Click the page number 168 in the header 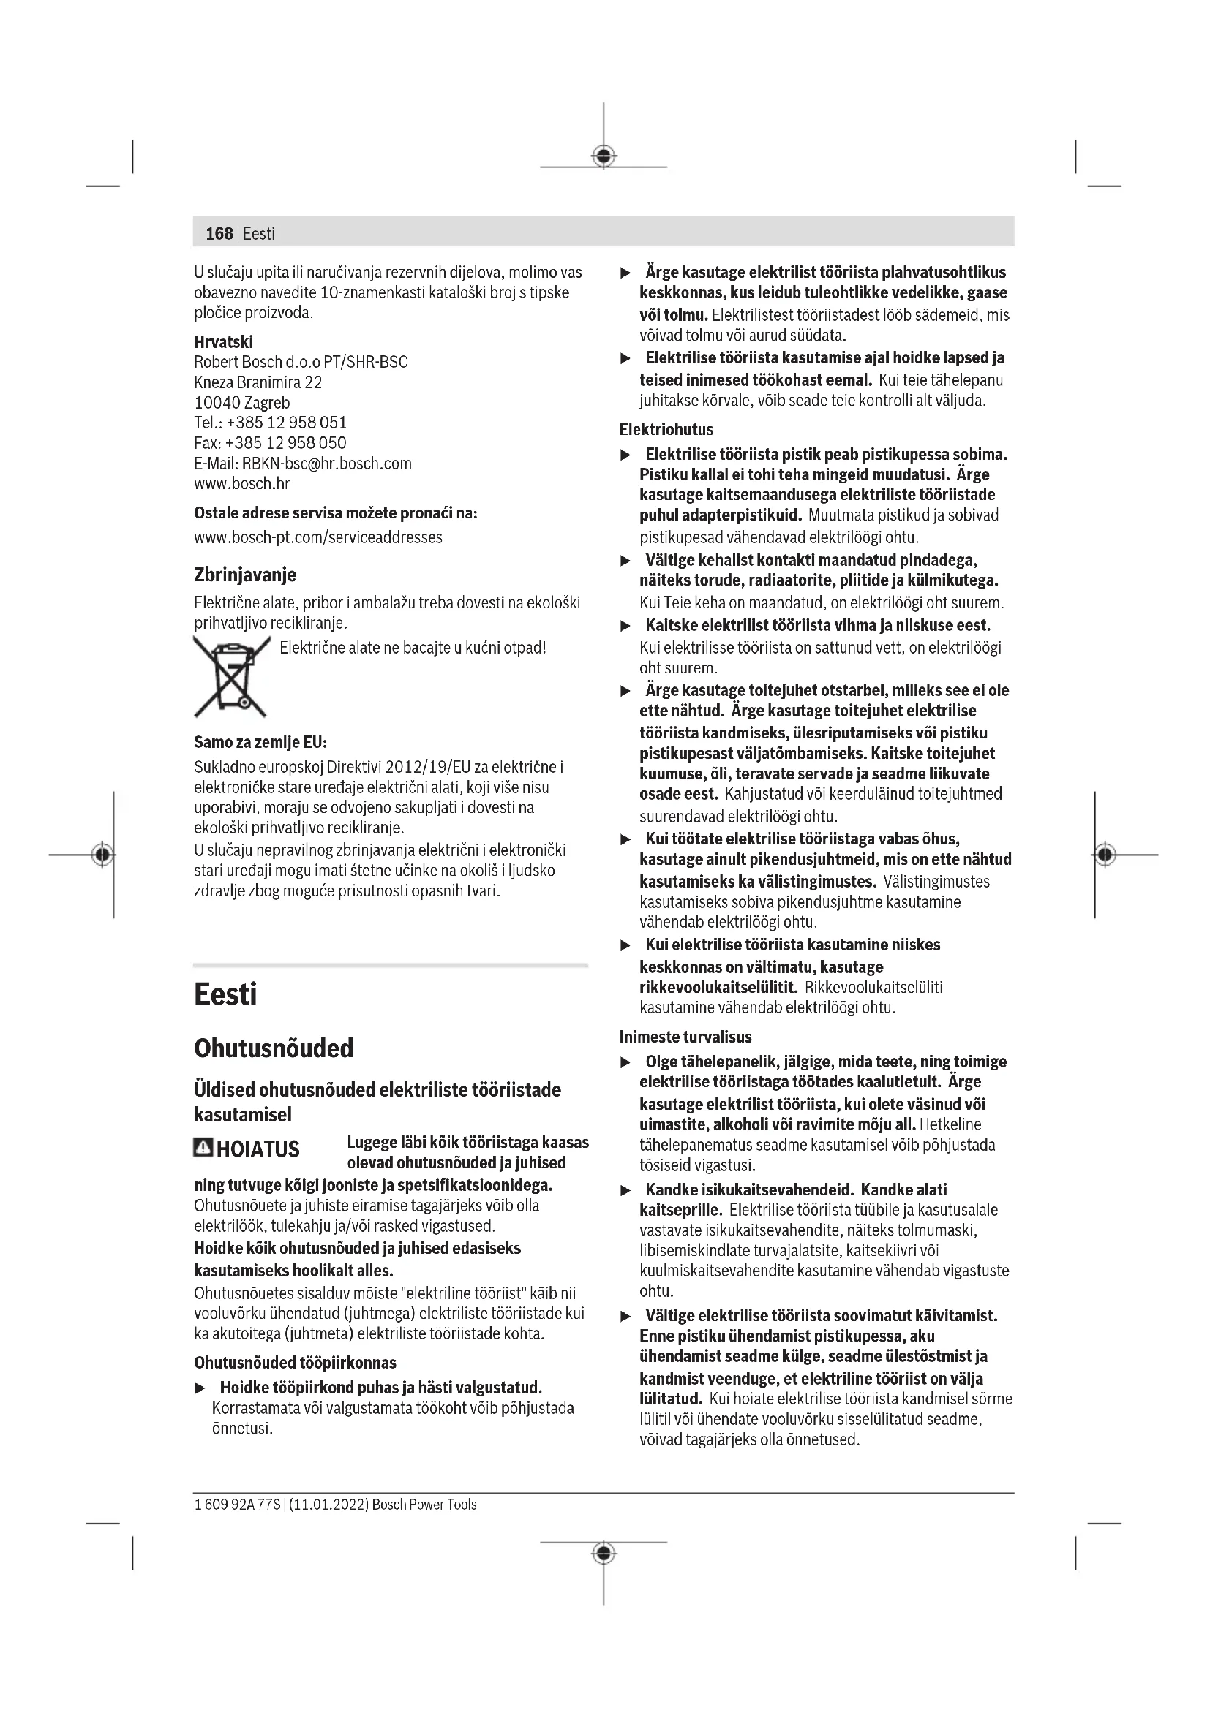pos(219,234)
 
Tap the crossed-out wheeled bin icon pos(230,676)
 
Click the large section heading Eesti pos(225,994)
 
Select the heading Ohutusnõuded pos(274,1048)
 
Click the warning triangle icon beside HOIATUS pos(202,1148)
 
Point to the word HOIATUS pos(258,1149)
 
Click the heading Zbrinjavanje pos(245,574)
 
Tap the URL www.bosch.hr pos(241,483)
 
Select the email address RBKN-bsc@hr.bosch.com pos(326,464)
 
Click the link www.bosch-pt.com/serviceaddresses pos(318,537)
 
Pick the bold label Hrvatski pos(224,342)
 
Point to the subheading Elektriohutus pos(666,429)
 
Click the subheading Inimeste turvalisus pos(685,1036)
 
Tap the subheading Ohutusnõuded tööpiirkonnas pos(295,1362)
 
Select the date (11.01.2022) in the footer pos(328,1504)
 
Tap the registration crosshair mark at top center pos(604,156)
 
